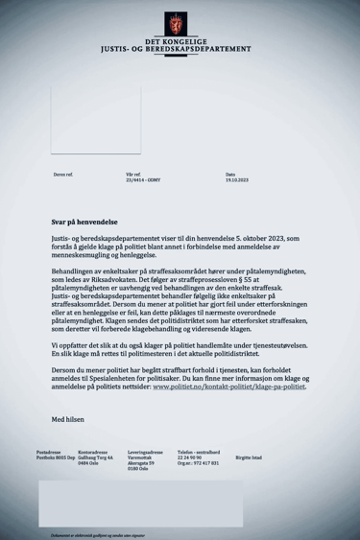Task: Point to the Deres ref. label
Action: pos(63,175)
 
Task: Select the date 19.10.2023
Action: pos(236,180)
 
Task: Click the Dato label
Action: pos(230,175)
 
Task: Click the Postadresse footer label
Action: pos(49,450)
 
